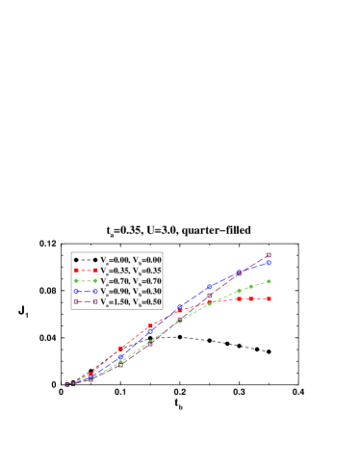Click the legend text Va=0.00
point(116,260)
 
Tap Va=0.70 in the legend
point(116,281)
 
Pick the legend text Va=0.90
point(116,292)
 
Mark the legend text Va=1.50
point(116,302)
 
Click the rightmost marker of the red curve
point(268,298)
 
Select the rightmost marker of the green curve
point(268,281)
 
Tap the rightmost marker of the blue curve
point(268,262)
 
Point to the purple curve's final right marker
point(268,255)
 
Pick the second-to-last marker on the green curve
point(252,286)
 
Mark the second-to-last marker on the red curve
point(252,298)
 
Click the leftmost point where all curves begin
point(67,383)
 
